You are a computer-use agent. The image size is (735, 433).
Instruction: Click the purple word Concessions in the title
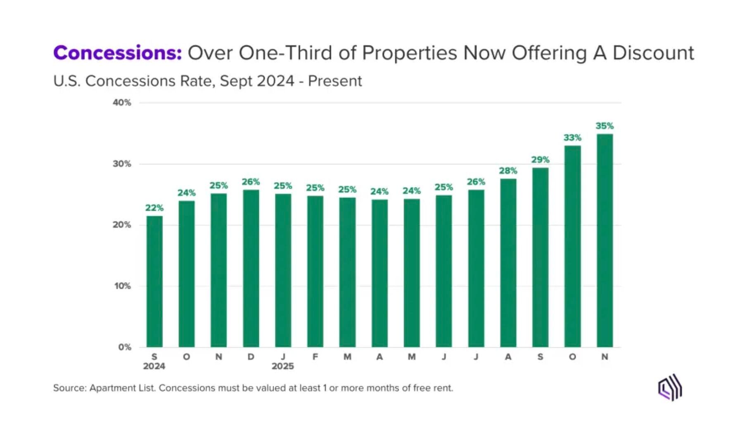click(117, 53)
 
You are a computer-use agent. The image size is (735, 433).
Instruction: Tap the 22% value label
click(154, 208)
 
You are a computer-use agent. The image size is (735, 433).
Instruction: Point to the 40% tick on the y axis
click(122, 102)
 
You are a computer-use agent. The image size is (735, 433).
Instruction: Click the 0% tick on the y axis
click(124, 347)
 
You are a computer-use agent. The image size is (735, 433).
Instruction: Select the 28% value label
click(508, 171)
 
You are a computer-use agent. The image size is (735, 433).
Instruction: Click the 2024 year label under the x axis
click(154, 366)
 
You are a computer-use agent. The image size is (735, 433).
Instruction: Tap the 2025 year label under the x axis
click(283, 366)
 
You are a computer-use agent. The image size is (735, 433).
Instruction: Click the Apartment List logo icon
click(670, 388)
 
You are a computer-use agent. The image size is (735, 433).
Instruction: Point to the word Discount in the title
click(653, 53)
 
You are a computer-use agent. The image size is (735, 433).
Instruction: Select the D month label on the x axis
click(251, 357)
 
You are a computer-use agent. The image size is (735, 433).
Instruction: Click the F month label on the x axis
click(315, 357)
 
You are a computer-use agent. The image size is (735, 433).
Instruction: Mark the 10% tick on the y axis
click(122, 286)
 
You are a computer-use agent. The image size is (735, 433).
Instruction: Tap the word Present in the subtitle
click(335, 81)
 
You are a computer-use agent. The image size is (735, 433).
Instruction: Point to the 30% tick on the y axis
click(122, 164)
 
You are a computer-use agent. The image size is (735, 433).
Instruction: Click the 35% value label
click(605, 126)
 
